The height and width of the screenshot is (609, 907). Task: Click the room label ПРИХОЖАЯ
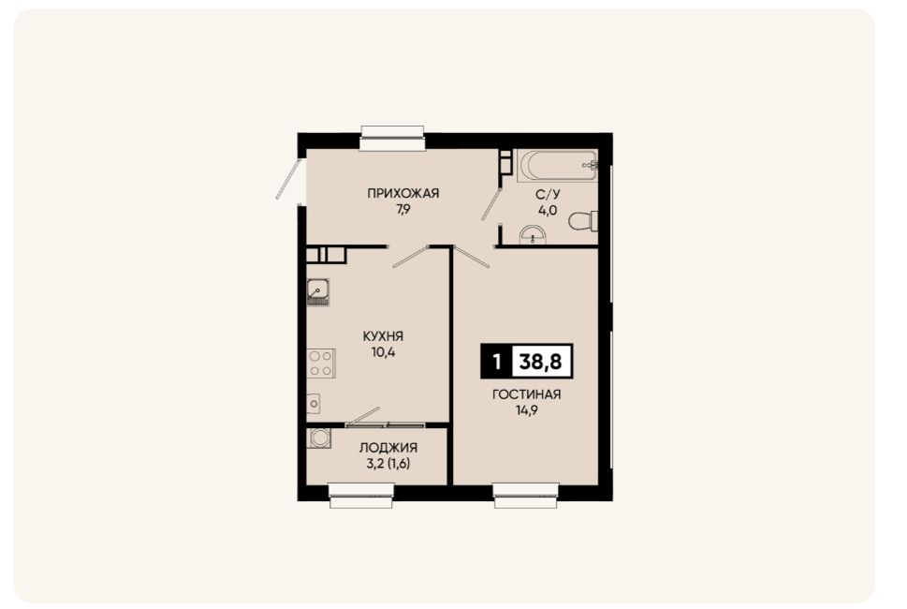pos(403,193)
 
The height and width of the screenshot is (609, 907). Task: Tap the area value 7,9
pos(403,210)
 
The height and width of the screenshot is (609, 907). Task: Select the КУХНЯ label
pos(383,336)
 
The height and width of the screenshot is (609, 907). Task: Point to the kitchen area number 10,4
pos(383,352)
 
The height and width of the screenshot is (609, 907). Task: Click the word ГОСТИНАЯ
pos(526,394)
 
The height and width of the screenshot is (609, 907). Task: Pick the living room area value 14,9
pos(526,410)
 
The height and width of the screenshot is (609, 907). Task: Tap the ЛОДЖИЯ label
pos(388,448)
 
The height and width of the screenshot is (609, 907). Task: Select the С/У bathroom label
pos(548,194)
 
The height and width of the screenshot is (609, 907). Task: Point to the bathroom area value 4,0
pos(548,210)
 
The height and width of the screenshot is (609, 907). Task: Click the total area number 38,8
pos(541,362)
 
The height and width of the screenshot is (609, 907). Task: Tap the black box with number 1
pos(496,362)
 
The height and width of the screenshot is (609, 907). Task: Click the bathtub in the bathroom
pos(557,166)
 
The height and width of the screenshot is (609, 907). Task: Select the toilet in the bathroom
pos(583,220)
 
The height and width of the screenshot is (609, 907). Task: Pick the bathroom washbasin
pos(533,235)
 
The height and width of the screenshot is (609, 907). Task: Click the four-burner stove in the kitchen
pos(321,363)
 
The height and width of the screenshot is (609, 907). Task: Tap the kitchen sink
pos(317,291)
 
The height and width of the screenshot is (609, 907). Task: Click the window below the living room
pos(526,497)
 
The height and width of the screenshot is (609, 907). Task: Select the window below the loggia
pos(361,497)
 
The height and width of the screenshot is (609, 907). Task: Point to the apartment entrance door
pos(288,178)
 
